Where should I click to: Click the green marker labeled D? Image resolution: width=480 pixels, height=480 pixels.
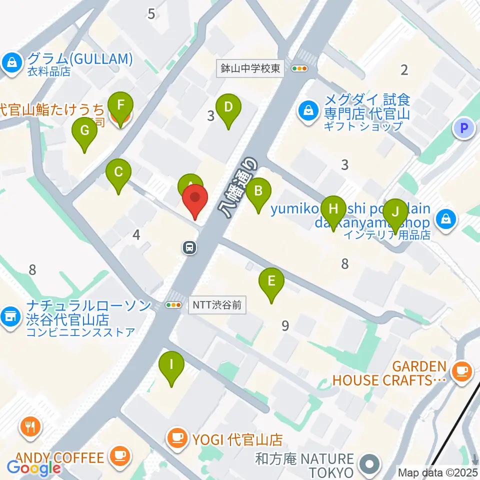[228, 107]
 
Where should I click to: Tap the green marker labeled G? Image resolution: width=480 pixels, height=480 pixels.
[84, 131]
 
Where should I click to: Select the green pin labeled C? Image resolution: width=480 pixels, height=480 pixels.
[118, 173]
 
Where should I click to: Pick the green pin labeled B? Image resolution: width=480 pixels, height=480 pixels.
[258, 191]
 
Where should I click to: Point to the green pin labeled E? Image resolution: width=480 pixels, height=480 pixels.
[271, 281]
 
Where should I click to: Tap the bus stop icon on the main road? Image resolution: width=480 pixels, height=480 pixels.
[189, 247]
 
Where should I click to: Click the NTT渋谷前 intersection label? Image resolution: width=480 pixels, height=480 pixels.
[218, 305]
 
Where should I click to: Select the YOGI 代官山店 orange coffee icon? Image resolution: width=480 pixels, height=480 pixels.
[176, 438]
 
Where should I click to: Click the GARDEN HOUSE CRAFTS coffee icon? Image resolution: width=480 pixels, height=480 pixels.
[458, 370]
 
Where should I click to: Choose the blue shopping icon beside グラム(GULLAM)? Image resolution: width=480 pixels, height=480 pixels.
[9, 62]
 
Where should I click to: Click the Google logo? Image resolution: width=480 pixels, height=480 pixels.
[33, 468]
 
